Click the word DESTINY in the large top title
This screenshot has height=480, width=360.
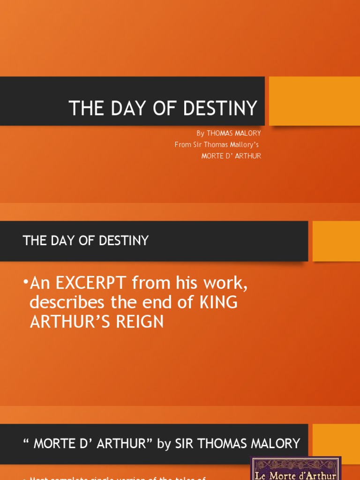[x=220, y=108]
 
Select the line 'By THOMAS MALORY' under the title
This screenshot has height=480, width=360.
[x=229, y=134]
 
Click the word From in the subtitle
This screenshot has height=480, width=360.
[x=183, y=145]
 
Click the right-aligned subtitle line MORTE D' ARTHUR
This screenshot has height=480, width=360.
[x=231, y=156]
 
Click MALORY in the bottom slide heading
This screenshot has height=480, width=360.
[x=273, y=443]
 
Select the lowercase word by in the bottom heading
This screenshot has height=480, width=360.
[x=164, y=444]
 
